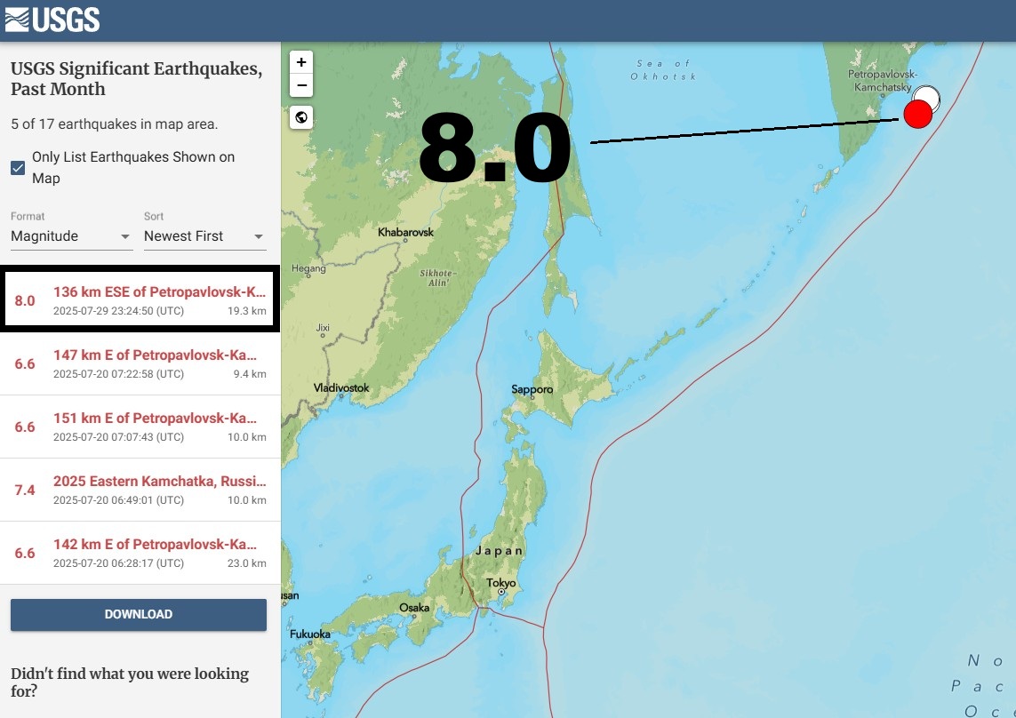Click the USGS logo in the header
tap(52, 20)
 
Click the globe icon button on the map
tap(301, 117)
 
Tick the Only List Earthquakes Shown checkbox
tap(18, 168)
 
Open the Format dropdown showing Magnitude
tap(71, 236)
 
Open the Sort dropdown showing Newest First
tap(204, 236)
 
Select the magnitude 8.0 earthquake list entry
tap(140, 300)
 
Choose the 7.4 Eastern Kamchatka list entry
tap(140, 490)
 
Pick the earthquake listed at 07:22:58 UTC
tap(140, 363)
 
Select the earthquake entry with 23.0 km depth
tap(140, 553)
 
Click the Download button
tap(139, 614)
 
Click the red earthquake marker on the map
tap(917, 114)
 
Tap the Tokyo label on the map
tap(500, 584)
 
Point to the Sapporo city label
tap(532, 389)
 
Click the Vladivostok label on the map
tap(341, 388)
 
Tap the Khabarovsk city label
tap(405, 232)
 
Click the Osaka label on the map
tap(414, 608)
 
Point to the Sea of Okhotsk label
tap(663, 70)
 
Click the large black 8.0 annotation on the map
tap(494, 149)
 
